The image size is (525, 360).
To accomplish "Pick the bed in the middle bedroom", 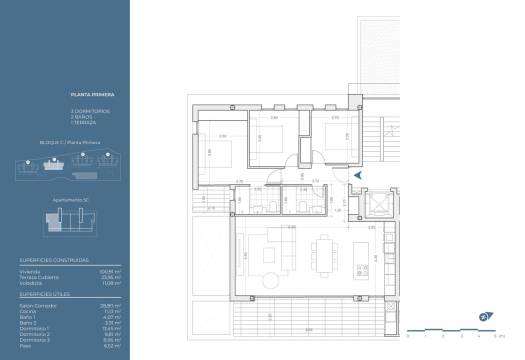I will tap(271, 139).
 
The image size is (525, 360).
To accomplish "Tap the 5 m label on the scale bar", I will tap(484, 336).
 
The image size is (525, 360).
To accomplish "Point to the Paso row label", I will tap(27, 346).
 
